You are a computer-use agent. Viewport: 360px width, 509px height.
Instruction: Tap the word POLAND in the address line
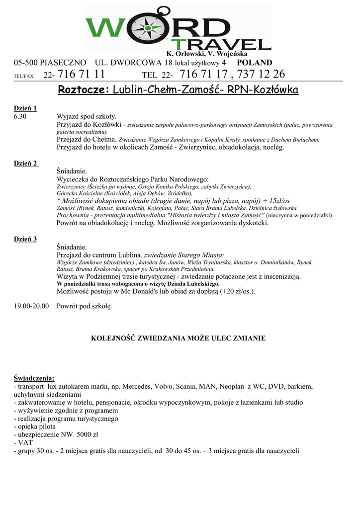(255, 63)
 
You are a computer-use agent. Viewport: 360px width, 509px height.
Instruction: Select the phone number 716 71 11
(82, 75)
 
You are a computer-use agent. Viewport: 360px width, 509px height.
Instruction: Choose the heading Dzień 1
(25, 108)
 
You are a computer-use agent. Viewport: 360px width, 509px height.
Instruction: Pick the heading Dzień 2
(25, 164)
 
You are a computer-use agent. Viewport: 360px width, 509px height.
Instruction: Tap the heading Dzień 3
(25, 239)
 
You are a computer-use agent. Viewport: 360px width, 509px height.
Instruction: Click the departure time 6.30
(20, 116)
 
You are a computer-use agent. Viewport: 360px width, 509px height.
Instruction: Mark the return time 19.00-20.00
(31, 306)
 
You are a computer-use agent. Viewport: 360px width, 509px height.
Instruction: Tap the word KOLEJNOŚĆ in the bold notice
(117, 338)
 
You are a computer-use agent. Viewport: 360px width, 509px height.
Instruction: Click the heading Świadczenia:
(34, 378)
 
